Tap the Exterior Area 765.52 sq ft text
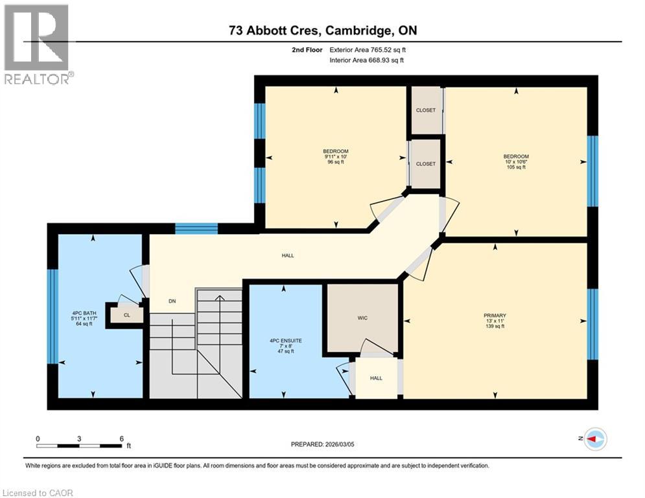click(x=368, y=49)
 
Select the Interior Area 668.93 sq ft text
click(x=366, y=60)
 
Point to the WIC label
click(x=362, y=318)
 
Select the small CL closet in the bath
click(x=126, y=316)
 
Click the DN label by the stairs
click(x=172, y=301)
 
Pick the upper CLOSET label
click(x=426, y=110)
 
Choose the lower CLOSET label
click(x=426, y=164)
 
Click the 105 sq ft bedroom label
click(x=516, y=161)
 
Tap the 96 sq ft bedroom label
click(x=336, y=156)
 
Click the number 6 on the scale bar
click(x=121, y=439)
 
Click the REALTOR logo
click(x=37, y=44)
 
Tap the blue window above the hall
click(x=196, y=228)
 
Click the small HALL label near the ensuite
click(x=375, y=378)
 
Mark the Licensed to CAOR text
click(x=38, y=493)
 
